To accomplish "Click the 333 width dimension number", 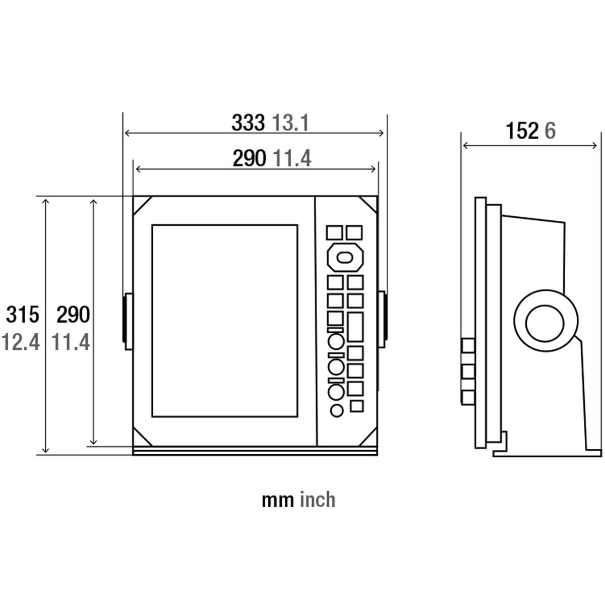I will (x=248, y=123).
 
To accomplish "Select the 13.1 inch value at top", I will (x=290, y=123).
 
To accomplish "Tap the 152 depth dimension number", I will (x=522, y=131).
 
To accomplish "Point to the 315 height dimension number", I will (x=22, y=315).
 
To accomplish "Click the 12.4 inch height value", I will (x=20, y=342).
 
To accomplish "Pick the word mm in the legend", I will (x=278, y=500).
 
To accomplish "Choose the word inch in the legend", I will (x=318, y=500).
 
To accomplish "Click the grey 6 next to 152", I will (x=550, y=131).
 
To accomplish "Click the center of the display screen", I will (x=224, y=321).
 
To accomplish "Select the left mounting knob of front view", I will (x=128, y=321).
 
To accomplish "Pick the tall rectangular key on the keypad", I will (x=355, y=327).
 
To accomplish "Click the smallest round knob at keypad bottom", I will (x=337, y=410).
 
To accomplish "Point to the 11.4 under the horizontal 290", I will (x=292, y=159).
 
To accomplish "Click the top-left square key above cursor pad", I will (x=334, y=232).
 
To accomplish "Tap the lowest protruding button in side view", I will (x=468, y=396).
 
